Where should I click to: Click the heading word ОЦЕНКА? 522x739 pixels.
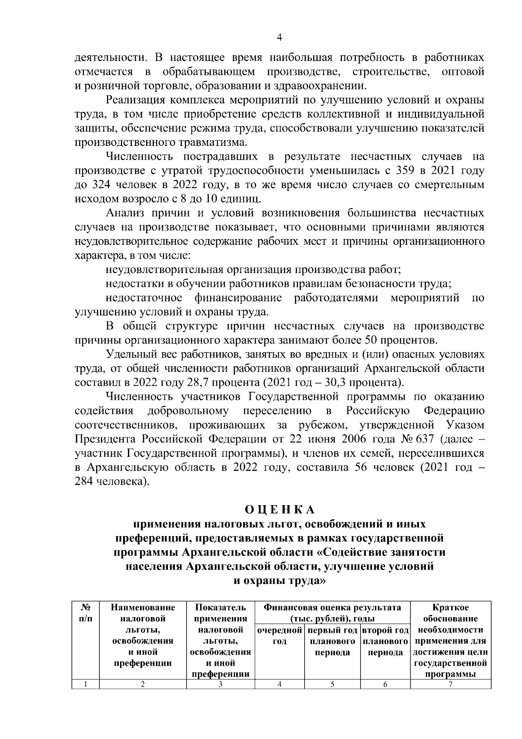coord(279,509)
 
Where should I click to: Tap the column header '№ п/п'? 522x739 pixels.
coord(86,613)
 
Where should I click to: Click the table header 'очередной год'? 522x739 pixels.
coord(279,636)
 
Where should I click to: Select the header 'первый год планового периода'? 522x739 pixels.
coord(332,641)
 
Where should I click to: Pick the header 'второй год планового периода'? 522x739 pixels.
coord(385,641)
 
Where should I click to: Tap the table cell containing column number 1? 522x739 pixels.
coord(86,684)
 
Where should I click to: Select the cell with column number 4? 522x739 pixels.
coord(279,684)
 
